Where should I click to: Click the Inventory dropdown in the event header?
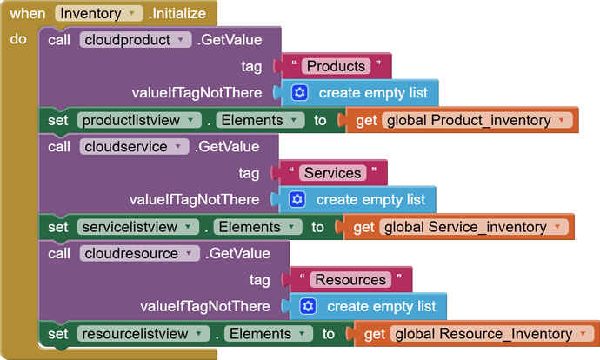click(x=98, y=14)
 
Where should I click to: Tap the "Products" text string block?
click(x=336, y=66)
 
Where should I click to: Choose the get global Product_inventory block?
click(x=465, y=120)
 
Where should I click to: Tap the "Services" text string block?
click(x=333, y=173)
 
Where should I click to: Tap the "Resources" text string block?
click(x=350, y=280)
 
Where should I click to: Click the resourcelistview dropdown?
click(x=144, y=334)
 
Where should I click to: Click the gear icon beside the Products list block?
click(x=300, y=92)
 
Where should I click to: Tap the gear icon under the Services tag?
click(x=297, y=199)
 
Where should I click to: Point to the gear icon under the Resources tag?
click(x=308, y=306)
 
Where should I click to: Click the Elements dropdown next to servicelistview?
click(x=256, y=227)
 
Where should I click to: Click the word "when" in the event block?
click(x=29, y=14)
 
